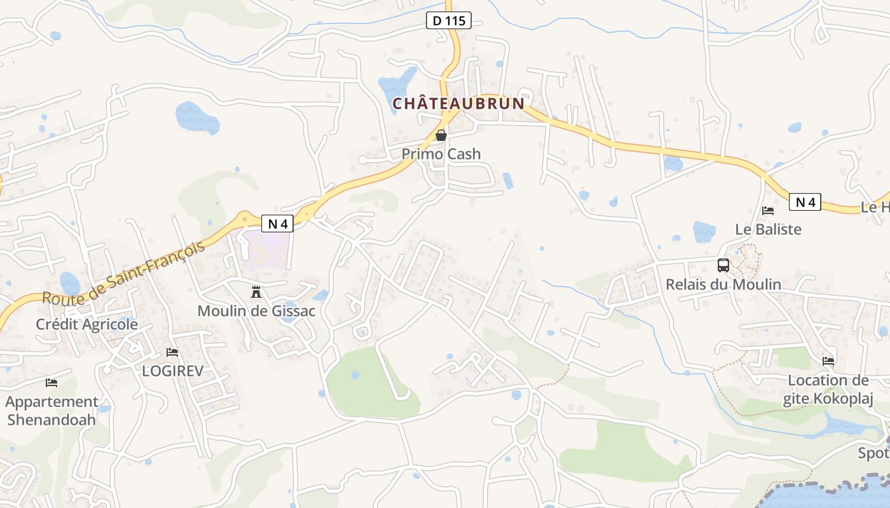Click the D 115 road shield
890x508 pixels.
[x=449, y=21]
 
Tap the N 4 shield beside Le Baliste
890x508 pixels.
[x=805, y=203]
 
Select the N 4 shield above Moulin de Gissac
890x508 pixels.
[x=277, y=224]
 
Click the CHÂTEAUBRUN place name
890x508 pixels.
[x=458, y=104]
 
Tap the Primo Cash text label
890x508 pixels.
[x=441, y=154]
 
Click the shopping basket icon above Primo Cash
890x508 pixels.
[x=441, y=135]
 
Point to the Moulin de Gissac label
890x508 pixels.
[x=256, y=311]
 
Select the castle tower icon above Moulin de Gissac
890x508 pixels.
[x=256, y=292]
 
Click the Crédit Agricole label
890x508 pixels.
[x=86, y=324]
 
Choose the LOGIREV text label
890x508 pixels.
[x=172, y=371]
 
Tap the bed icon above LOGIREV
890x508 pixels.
[x=172, y=352]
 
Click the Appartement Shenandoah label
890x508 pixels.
[x=51, y=411]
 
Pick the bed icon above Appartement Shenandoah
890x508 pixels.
[x=51, y=383]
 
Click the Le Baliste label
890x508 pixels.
[x=768, y=229]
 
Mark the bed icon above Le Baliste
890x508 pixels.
[x=768, y=210]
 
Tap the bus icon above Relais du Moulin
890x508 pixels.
[x=723, y=265]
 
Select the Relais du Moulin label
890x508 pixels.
[x=723, y=284]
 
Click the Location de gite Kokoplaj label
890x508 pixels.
[x=828, y=389]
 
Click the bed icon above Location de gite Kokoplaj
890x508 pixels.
[x=828, y=361]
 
